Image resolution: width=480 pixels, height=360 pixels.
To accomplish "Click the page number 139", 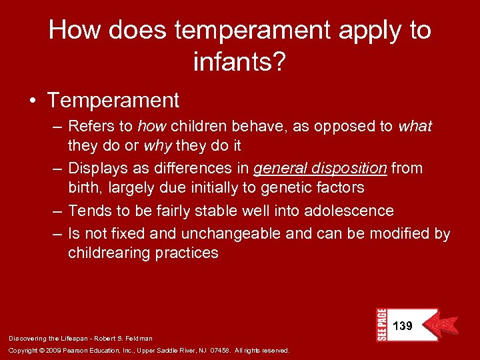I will [x=403, y=326].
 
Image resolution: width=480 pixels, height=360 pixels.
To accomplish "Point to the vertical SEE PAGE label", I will [x=382, y=325].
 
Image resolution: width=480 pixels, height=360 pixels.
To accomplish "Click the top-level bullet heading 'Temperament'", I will [x=113, y=101].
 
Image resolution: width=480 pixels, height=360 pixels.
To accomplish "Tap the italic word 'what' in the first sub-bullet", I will [x=415, y=127].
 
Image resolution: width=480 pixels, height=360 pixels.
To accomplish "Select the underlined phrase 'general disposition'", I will [x=320, y=169].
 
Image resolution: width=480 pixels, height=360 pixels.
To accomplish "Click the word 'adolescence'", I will [x=349, y=211].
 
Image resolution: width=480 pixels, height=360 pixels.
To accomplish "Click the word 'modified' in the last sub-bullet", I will [x=401, y=235].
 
